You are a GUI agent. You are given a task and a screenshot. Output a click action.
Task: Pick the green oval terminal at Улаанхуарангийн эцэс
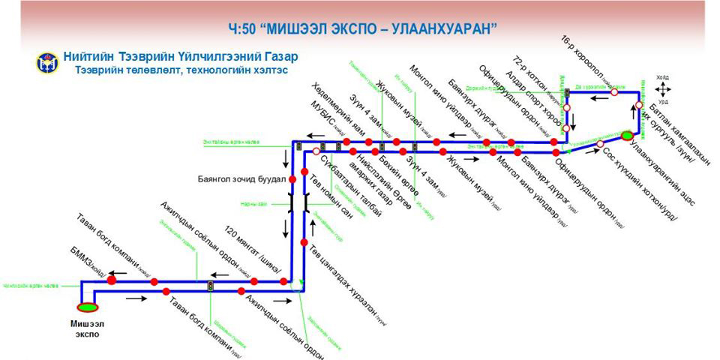pyautogui.click(x=627, y=136)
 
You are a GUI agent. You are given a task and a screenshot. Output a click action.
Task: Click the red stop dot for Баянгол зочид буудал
pyautogui.click(x=292, y=180)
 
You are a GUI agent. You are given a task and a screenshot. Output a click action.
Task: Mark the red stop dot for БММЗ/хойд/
pyautogui.click(x=112, y=280)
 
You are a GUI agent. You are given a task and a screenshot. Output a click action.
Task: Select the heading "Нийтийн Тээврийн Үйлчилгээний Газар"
pyautogui.click(x=180, y=56)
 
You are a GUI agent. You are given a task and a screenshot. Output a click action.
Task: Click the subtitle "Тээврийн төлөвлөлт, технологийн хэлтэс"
pyautogui.click(x=180, y=70)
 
